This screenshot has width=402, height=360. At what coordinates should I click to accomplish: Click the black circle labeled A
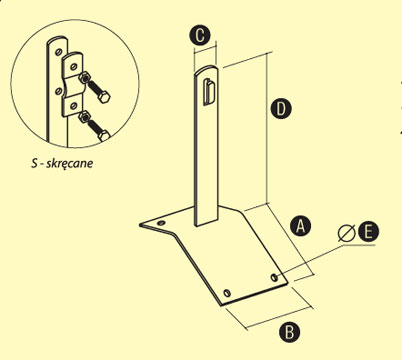(x=300, y=226)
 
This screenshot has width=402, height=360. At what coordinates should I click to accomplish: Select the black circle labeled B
(x=289, y=332)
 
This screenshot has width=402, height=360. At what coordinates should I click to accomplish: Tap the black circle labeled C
(x=200, y=35)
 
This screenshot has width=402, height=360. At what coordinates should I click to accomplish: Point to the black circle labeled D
(x=281, y=109)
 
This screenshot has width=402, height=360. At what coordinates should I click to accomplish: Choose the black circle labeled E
(x=368, y=231)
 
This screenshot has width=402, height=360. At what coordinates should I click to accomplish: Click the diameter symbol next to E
(x=346, y=233)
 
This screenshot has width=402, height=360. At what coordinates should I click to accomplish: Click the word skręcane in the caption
(x=69, y=164)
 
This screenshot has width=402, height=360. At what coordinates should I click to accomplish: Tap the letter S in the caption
(x=34, y=163)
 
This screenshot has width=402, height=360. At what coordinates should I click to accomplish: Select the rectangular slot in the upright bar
(x=209, y=92)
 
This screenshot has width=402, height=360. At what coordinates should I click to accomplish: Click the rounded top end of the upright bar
(x=206, y=69)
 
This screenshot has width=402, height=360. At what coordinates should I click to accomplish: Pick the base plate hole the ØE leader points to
(x=274, y=277)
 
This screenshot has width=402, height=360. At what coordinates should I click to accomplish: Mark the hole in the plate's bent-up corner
(x=161, y=223)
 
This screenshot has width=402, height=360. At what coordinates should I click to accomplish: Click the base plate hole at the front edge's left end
(x=227, y=293)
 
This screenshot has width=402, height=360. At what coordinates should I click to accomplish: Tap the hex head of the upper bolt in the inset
(x=104, y=97)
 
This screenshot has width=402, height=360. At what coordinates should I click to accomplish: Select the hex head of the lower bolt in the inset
(x=103, y=135)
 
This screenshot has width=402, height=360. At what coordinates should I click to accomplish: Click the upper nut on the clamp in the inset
(x=85, y=78)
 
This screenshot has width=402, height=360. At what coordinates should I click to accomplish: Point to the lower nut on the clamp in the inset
(x=84, y=117)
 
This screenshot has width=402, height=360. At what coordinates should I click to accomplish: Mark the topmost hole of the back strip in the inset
(x=58, y=52)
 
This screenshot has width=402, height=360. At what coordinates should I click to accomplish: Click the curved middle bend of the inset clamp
(x=73, y=88)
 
